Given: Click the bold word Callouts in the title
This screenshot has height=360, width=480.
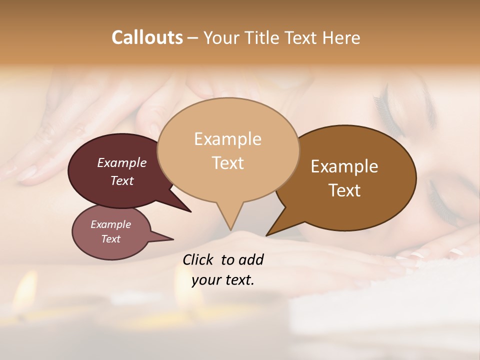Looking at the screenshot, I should click(147, 37).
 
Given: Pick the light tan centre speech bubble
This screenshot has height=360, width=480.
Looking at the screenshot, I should click(228, 150).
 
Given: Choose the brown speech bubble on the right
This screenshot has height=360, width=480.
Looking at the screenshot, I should click(350, 178).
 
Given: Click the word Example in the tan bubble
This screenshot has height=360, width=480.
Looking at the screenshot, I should click(227, 138).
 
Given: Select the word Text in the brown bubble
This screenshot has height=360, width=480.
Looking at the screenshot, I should click(344, 190).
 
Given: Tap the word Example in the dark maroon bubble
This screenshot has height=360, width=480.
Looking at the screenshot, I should click(121, 163).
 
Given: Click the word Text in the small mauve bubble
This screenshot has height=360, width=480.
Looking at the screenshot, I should click(111, 239).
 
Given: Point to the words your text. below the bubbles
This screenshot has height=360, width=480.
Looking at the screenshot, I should click(222, 280).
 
